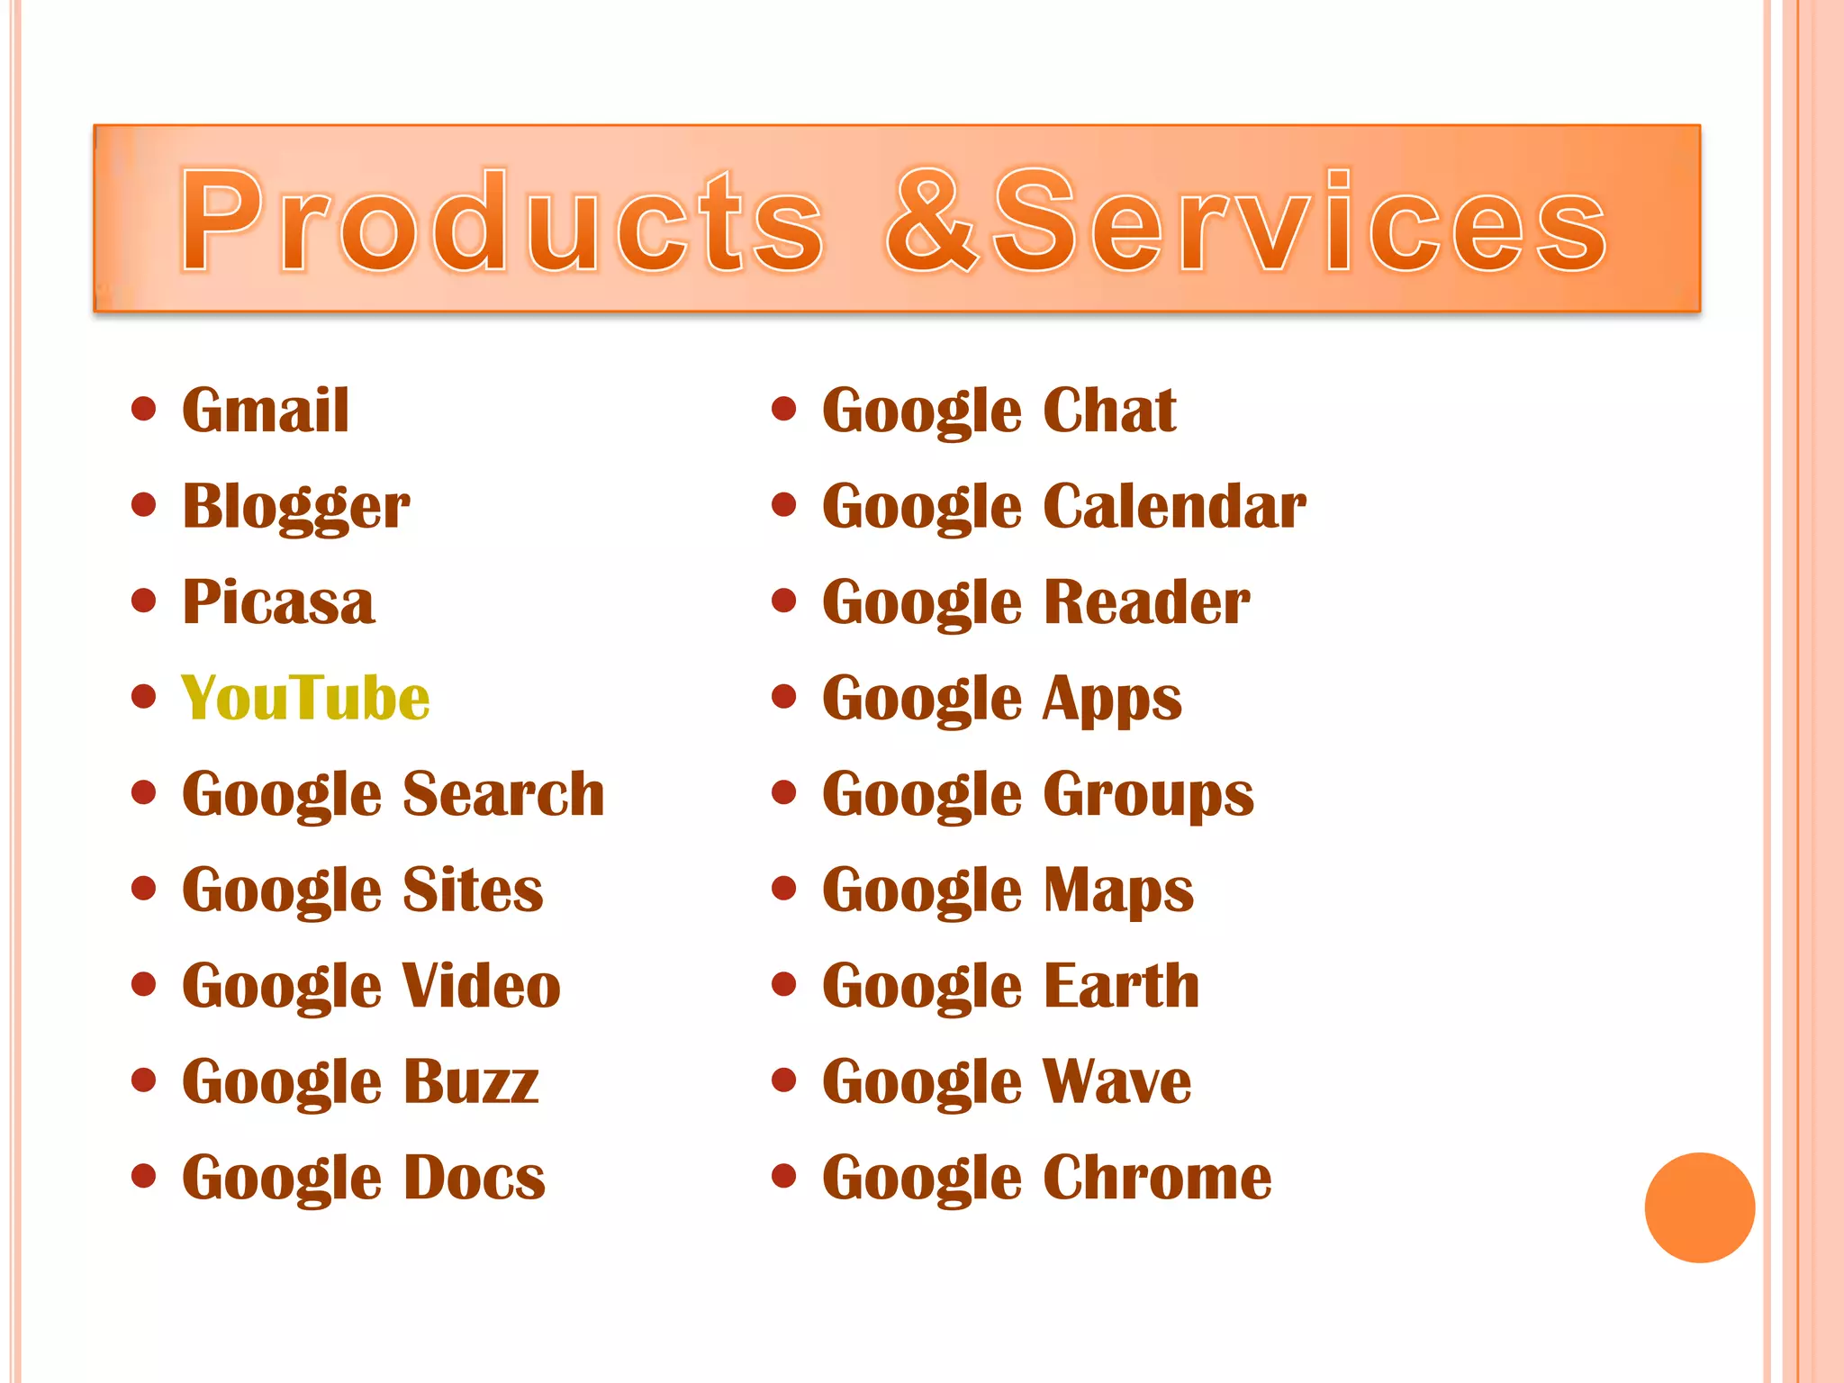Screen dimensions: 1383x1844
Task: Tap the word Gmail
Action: coord(266,411)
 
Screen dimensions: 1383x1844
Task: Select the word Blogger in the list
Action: coord(295,506)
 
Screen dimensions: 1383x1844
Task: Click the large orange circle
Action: coord(1699,1207)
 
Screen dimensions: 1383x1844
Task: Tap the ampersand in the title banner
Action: coord(932,221)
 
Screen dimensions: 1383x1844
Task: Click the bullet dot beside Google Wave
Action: coord(784,1080)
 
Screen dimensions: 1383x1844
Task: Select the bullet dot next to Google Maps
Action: coord(784,889)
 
